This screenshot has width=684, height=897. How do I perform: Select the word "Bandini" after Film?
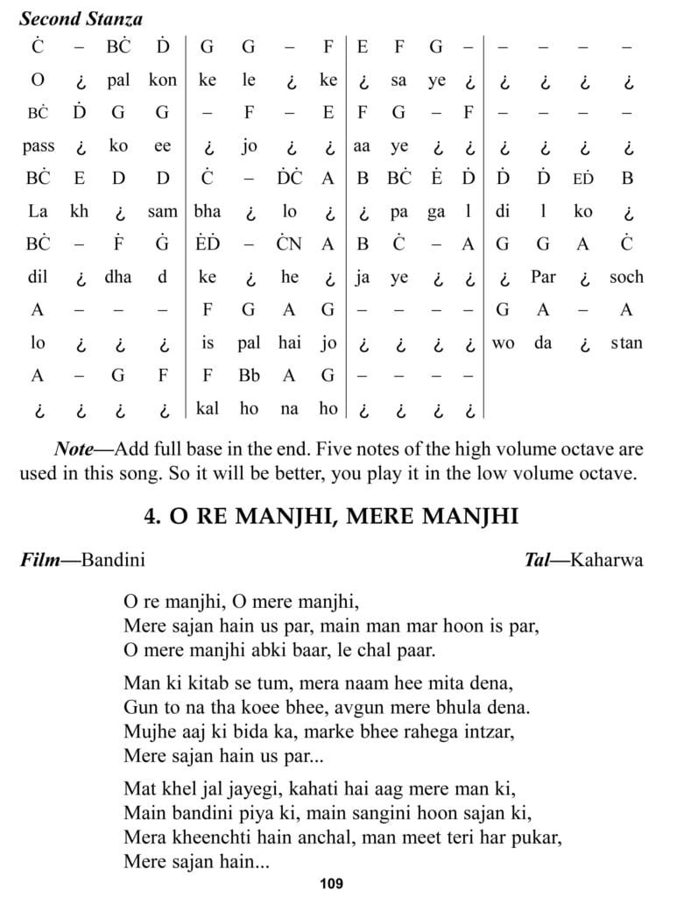pyautogui.click(x=113, y=559)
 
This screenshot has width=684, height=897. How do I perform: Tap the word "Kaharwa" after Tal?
pyautogui.click(x=606, y=559)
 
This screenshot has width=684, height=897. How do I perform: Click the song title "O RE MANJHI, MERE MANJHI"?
pyautogui.click(x=331, y=516)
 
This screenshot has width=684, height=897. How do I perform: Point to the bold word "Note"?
pyautogui.click(x=74, y=449)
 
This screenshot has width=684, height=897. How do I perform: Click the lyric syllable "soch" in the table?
pyautogui.click(x=626, y=277)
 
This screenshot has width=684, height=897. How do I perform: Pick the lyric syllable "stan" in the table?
pyautogui.click(x=626, y=343)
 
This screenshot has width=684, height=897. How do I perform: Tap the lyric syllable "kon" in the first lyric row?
pyautogui.click(x=162, y=81)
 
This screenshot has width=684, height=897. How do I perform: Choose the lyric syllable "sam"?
pyautogui.click(x=162, y=211)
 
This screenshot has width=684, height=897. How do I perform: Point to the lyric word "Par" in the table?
pyautogui.click(x=543, y=277)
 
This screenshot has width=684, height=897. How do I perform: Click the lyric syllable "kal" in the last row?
pyautogui.click(x=208, y=408)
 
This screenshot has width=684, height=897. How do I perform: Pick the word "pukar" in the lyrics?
pyautogui.click(x=533, y=838)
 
